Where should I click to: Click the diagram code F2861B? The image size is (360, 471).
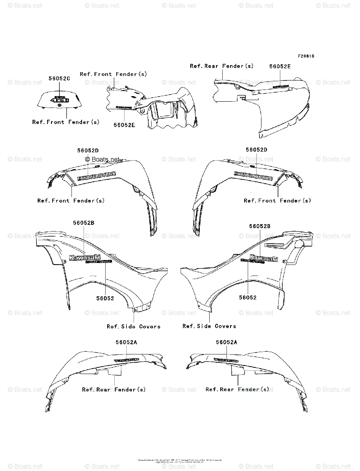(305, 56)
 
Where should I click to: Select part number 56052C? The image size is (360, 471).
(59, 78)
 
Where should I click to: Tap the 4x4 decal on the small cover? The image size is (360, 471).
(61, 100)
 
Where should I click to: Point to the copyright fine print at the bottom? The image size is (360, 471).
(180, 461)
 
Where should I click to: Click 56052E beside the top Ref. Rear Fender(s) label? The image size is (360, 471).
(280, 66)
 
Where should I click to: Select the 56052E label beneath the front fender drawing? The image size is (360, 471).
(124, 125)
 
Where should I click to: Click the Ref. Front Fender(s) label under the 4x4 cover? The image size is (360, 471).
(66, 122)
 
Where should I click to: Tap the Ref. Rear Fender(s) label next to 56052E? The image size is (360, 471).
(222, 66)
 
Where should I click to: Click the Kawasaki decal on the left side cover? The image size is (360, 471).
(84, 257)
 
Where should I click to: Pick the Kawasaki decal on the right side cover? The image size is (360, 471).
(263, 258)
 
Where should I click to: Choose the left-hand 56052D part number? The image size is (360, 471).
(88, 150)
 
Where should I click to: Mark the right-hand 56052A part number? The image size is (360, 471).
(227, 342)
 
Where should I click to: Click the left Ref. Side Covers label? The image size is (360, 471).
(133, 327)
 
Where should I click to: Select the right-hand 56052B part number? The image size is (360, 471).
(260, 226)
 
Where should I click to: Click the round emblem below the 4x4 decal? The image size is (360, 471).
(59, 106)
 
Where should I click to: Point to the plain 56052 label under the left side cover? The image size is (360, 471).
(105, 298)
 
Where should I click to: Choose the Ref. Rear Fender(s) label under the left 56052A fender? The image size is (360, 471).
(114, 389)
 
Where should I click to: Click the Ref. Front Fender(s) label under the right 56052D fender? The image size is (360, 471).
(277, 201)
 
